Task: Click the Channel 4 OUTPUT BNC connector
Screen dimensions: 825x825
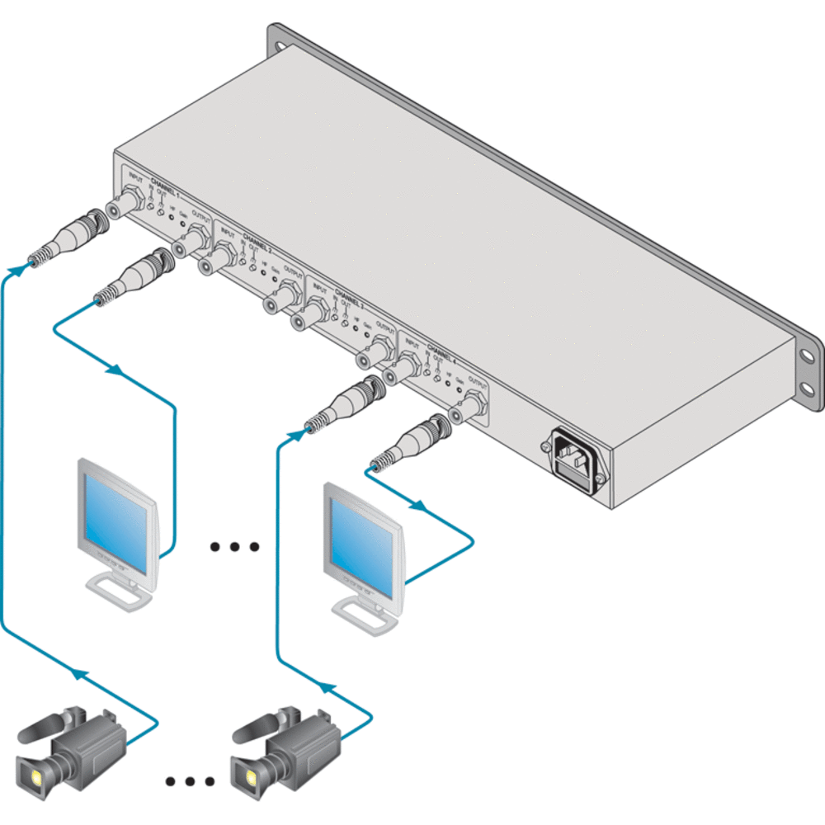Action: pyautogui.click(x=469, y=404)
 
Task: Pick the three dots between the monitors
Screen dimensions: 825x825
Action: pyautogui.click(x=235, y=546)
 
